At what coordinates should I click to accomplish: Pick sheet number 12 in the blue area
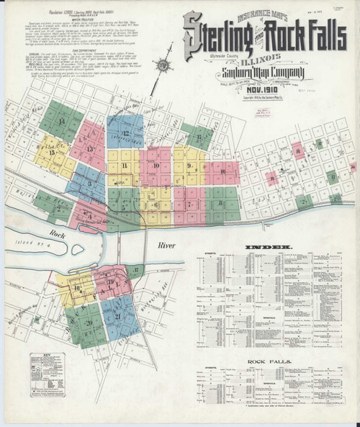coord(125,133)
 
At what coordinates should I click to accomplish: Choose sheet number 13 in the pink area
coord(91,149)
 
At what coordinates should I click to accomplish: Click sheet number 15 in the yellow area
coord(51,153)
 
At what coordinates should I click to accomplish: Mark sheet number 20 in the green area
coord(88,323)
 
